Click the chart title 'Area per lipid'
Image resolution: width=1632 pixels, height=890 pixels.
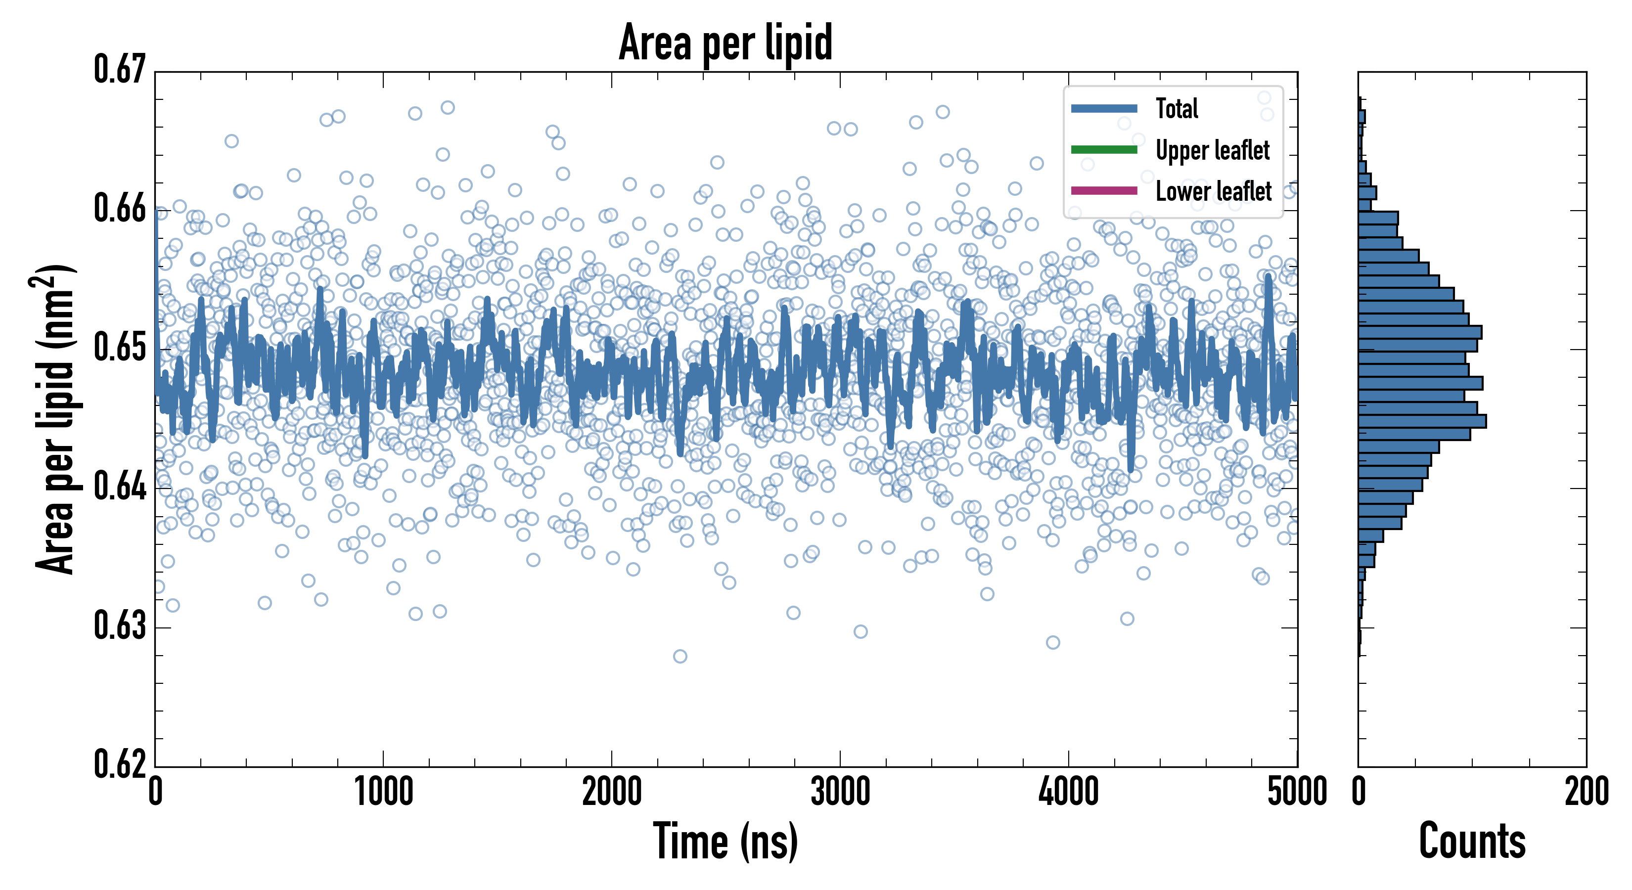725,43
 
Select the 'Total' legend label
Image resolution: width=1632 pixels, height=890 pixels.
1177,108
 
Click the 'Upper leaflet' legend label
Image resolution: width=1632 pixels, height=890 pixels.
1212,150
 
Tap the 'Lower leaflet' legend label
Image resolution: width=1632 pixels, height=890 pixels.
1213,191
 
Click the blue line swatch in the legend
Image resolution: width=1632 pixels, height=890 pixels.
1104,108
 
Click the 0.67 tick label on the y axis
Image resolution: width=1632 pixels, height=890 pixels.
120,70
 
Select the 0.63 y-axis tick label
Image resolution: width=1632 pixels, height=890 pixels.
120,626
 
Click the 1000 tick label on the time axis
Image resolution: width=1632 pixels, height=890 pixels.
383,792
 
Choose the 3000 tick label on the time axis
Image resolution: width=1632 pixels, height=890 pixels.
840,792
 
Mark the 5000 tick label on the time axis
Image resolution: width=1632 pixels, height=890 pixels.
1297,792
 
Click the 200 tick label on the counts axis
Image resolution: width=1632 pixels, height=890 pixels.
1586,792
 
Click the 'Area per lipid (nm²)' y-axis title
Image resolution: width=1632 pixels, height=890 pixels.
55,419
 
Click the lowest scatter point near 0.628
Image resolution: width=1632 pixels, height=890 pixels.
680,656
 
